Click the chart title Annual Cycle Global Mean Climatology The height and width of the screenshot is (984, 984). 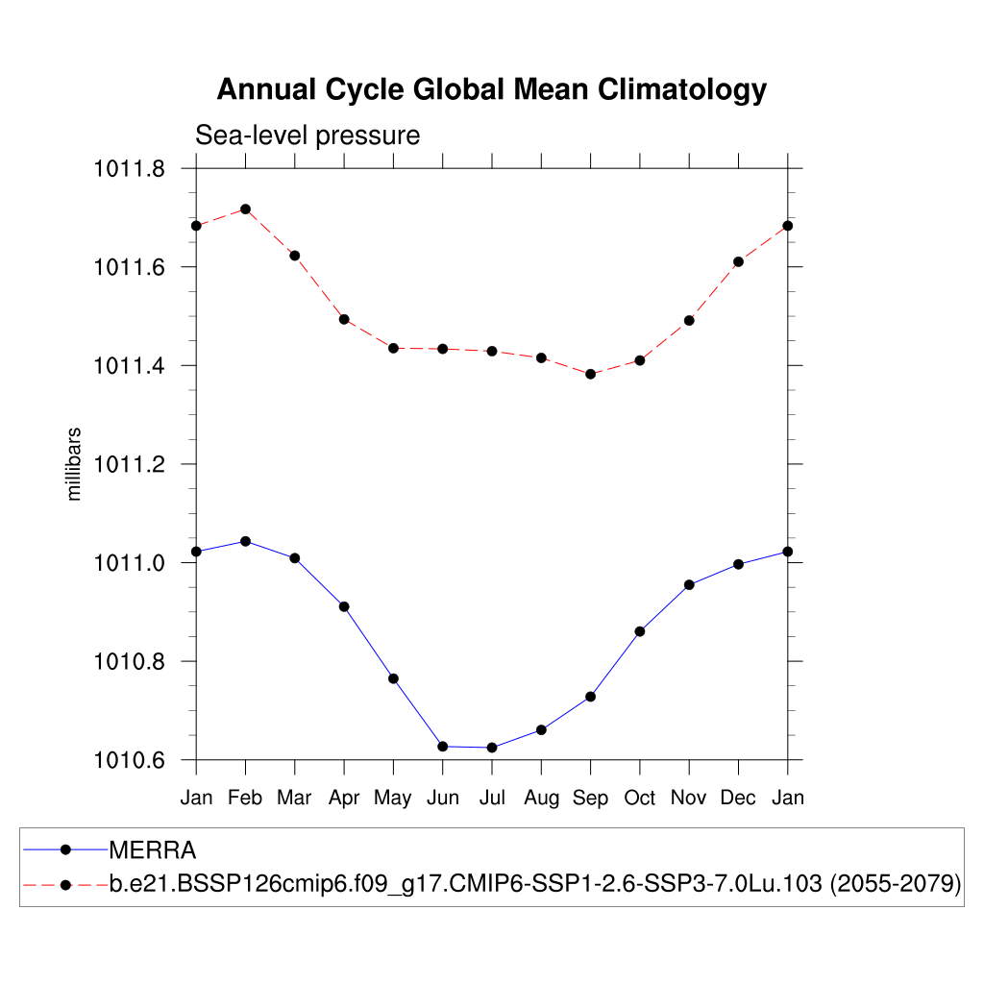coord(491,89)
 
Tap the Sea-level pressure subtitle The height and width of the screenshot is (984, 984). coord(307,135)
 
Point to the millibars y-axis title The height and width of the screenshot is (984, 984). coord(74,464)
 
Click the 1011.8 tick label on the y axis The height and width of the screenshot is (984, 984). coord(129,169)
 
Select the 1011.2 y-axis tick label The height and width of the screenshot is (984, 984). coord(129,464)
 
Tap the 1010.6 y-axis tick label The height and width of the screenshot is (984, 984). coord(129,760)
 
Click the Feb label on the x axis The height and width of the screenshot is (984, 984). coord(245,798)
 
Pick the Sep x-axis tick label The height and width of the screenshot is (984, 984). coord(590,798)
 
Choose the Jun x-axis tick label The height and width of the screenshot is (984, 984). coord(442,798)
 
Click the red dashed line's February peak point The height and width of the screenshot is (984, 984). coord(245,209)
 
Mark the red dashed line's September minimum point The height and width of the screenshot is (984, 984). coord(590,374)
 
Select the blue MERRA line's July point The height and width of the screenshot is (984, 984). coord(492,748)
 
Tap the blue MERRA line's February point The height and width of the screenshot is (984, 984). coord(245,541)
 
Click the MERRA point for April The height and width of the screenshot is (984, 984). coord(344,606)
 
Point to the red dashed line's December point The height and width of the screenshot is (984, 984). coord(738,261)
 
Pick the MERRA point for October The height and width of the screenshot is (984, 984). coord(640,631)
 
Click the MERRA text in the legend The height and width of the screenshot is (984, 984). coord(153,850)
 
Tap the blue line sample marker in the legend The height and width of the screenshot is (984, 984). coord(65,849)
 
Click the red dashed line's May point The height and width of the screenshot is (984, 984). coord(393,348)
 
